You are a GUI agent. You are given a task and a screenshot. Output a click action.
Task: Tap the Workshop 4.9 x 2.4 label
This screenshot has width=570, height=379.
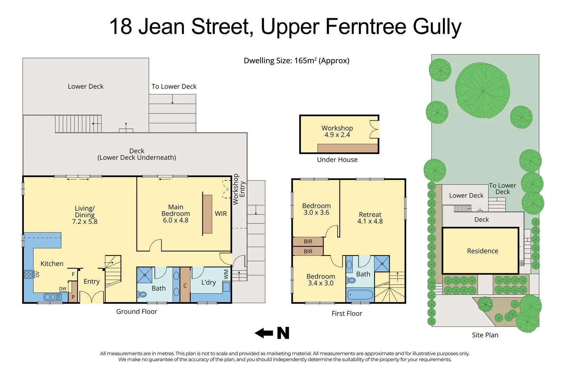(337, 132)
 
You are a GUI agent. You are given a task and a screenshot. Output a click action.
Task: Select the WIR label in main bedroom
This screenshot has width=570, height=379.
(221, 214)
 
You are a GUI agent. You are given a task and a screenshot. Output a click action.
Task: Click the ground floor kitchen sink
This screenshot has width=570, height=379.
(53, 297)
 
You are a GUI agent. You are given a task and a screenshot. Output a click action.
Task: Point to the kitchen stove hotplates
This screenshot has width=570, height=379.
(28, 274)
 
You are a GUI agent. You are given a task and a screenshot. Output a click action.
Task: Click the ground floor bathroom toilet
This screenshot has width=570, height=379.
(142, 294)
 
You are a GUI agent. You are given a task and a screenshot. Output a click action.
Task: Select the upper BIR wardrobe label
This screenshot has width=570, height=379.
(308, 241)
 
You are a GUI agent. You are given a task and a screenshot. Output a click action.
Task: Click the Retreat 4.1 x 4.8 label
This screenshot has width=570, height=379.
(370, 218)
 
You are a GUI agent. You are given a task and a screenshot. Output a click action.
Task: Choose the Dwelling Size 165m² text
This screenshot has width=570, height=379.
(296, 61)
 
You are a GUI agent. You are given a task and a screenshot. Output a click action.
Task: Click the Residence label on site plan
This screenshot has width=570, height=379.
(482, 251)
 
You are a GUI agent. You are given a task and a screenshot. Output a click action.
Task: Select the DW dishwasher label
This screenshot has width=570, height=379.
(62, 289)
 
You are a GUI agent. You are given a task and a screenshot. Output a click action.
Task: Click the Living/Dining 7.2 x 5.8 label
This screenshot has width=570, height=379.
(85, 215)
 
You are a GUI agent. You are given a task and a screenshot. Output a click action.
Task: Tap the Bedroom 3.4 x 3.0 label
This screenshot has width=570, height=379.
(320, 280)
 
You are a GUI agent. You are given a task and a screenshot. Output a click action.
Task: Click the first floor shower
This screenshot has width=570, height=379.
(382, 264)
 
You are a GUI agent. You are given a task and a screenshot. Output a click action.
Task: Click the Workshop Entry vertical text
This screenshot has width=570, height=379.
(239, 189)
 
